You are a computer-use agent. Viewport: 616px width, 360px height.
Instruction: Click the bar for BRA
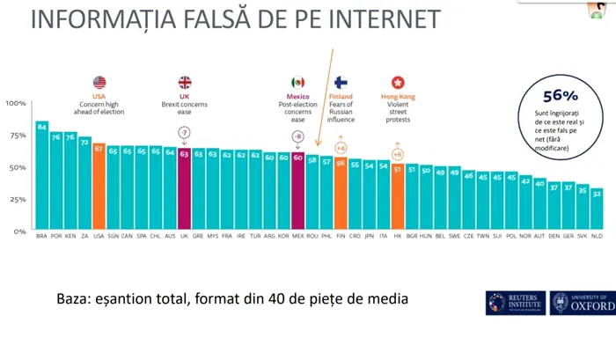pos(41,175)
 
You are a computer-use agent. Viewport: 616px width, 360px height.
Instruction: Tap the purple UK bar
pos(184,188)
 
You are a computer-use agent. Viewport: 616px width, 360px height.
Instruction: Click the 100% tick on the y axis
pos(18,104)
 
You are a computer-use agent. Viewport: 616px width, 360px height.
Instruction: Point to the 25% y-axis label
pos(18,199)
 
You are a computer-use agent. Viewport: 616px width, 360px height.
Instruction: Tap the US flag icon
pos(99,82)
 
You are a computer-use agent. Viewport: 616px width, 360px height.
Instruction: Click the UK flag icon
pos(185,82)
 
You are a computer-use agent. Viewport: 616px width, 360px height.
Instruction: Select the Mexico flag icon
pos(298,82)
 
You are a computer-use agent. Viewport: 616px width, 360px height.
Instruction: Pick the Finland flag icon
pos(341,82)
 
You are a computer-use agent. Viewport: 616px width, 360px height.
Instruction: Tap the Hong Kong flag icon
pos(397,82)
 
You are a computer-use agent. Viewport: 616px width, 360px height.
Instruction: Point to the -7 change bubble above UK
pos(184,133)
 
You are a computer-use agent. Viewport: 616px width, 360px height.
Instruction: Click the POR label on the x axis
pos(56,237)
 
